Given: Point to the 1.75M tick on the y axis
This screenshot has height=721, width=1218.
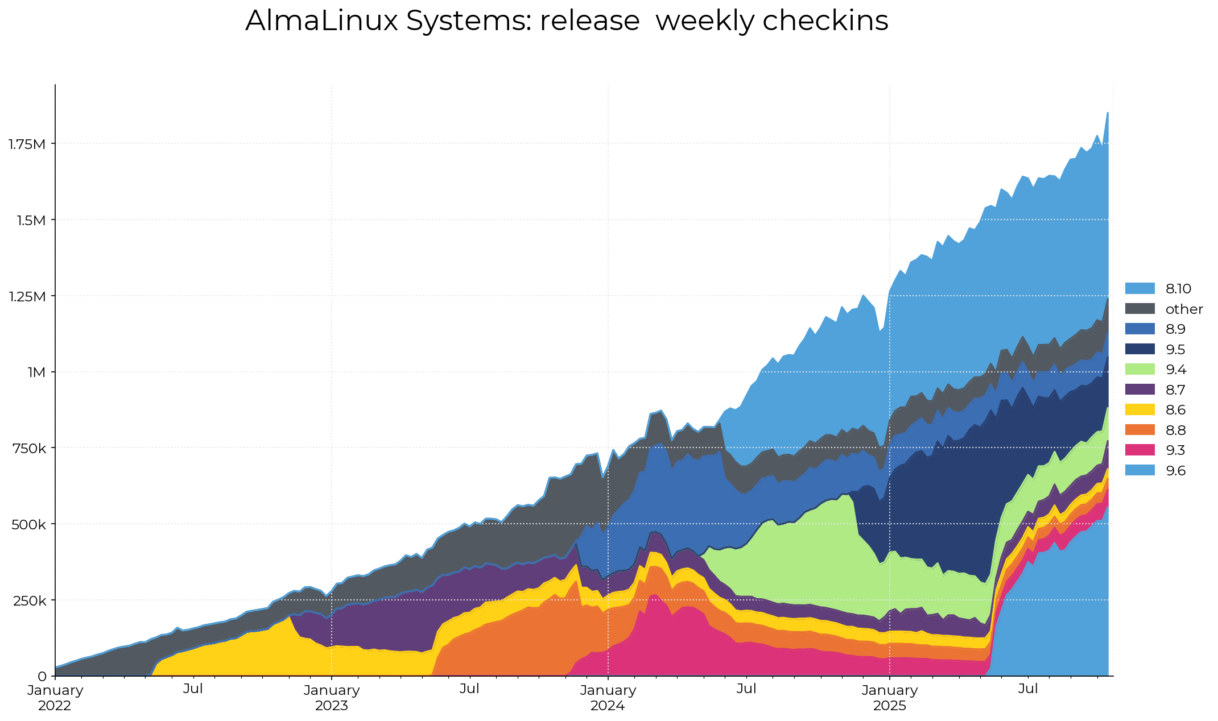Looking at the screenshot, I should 27,144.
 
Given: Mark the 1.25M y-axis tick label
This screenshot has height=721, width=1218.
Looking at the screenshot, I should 27,296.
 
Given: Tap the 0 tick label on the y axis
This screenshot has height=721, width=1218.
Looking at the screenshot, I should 42,677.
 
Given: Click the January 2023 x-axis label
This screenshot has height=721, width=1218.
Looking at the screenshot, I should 332,698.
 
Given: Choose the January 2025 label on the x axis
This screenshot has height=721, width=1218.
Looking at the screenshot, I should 890,698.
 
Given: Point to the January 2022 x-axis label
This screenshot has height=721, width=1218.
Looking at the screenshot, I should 55,698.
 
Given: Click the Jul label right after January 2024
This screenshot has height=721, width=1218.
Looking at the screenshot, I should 746,689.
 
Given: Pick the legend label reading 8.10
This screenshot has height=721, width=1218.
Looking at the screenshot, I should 1178,289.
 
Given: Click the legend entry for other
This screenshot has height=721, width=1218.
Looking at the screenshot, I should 1184,309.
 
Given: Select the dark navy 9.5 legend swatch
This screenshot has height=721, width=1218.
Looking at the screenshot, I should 1139,349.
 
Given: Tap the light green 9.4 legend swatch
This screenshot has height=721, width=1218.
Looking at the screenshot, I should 1139,370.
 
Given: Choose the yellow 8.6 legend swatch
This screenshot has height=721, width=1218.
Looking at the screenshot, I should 1139,410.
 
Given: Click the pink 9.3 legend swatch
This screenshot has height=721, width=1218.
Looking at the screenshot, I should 1139,450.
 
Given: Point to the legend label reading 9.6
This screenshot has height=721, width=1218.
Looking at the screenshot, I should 1175,471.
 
